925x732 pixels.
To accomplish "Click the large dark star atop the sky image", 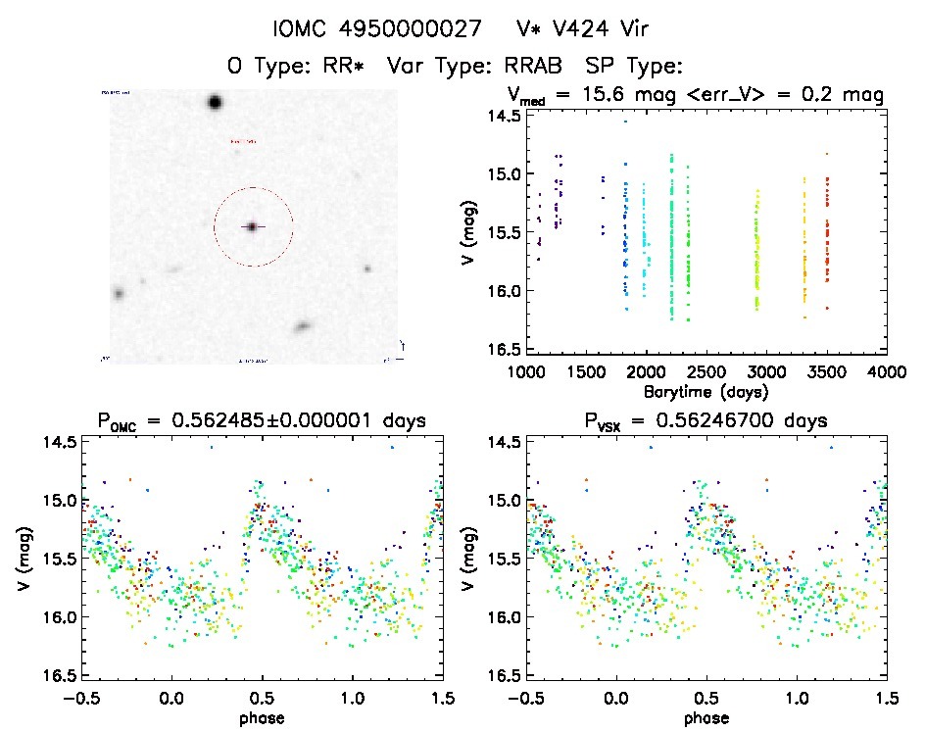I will tap(215, 102).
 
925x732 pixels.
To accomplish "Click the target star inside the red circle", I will tap(252, 226).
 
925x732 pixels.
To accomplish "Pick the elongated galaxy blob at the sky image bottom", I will tap(302, 326).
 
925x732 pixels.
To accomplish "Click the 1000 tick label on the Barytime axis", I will tap(526, 372).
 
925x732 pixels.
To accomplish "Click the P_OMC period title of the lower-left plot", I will tap(261, 422).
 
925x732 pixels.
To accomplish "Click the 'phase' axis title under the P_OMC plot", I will tap(262, 717).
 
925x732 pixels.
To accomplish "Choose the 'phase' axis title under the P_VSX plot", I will tap(706, 717).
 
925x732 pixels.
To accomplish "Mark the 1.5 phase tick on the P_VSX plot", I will tap(886, 699).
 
